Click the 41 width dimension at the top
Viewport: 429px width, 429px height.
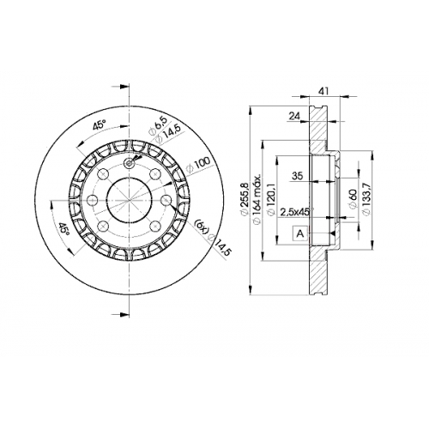tap(323, 91)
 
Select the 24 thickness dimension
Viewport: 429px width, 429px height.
tap(294, 116)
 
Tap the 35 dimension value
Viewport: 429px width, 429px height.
tap(297, 176)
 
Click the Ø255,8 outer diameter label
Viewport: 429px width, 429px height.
tap(245, 200)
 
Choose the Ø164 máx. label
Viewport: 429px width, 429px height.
tap(257, 198)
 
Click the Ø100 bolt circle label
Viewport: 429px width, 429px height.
tap(198, 165)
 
